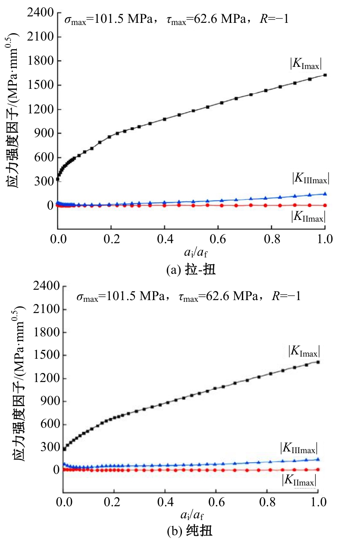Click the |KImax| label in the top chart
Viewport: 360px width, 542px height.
click(x=307, y=64)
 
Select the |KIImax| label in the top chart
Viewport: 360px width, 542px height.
click(x=308, y=216)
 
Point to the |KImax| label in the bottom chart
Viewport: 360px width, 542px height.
click(x=304, y=351)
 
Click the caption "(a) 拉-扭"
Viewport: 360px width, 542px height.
click(x=191, y=270)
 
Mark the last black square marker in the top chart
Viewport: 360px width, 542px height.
click(x=325, y=75)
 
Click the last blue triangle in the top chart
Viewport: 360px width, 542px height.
click(x=325, y=194)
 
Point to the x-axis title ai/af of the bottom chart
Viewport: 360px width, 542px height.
click(x=190, y=515)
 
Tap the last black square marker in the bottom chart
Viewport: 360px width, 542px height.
click(x=318, y=362)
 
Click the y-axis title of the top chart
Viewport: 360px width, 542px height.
click(x=15, y=110)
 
